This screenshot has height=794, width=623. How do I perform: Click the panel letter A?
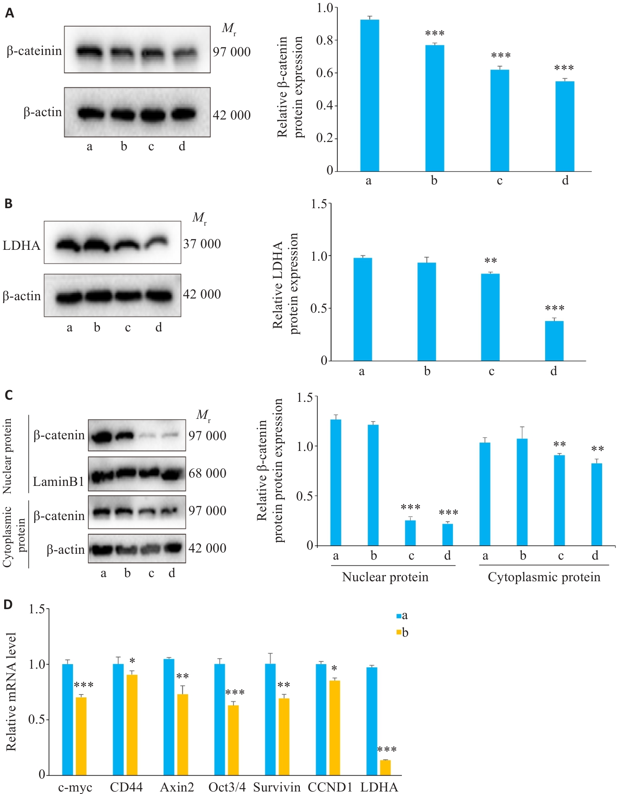[9, 13]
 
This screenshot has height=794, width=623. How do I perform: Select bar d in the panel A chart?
[565, 126]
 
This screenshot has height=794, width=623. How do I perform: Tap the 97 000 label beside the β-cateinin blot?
[232, 52]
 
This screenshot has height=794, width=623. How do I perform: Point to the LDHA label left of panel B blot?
[22, 245]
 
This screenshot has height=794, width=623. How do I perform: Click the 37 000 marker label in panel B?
[202, 244]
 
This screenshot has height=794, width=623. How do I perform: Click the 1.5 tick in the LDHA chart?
[319, 204]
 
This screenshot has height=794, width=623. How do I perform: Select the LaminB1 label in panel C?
[59, 482]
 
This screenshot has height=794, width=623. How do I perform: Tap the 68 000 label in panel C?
[207, 473]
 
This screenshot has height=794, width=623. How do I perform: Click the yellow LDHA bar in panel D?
[385, 767]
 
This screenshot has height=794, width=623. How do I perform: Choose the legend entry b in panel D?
[403, 633]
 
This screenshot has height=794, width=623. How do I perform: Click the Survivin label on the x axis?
[277, 787]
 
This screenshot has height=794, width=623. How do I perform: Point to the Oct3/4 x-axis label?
[227, 787]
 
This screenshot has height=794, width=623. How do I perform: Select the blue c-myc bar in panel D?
[67, 719]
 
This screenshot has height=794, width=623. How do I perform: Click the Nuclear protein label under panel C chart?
[385, 577]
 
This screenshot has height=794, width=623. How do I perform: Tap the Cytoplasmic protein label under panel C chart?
[544, 577]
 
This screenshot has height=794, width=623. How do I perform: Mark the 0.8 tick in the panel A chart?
[324, 40]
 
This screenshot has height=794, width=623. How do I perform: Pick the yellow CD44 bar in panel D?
[132, 725]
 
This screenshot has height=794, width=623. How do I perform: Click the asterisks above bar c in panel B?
[491, 261]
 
